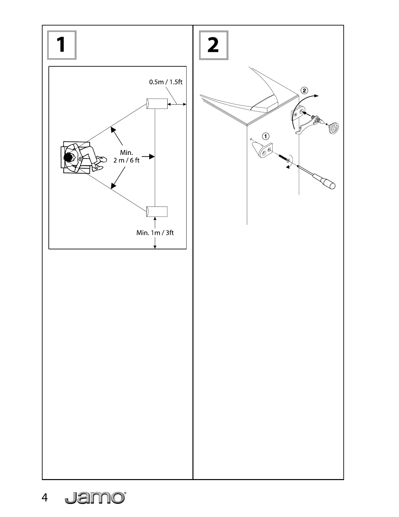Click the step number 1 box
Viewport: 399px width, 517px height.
(62, 45)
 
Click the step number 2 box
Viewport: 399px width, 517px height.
(213, 45)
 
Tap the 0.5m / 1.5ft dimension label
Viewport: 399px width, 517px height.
(166, 82)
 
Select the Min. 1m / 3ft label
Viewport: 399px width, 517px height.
(155, 233)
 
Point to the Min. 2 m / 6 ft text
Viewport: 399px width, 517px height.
(126, 156)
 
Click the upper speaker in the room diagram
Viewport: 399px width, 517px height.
(157, 104)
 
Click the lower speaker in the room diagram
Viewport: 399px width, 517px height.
(157, 211)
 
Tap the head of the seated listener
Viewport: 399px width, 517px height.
(69, 158)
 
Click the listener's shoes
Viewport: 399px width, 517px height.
(100, 163)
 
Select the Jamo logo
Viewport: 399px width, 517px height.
(95, 498)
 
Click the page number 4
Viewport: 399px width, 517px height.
(45, 498)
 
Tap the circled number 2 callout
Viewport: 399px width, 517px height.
(304, 90)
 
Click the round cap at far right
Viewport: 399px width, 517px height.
(334, 127)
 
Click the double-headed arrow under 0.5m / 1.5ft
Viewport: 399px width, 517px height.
(177, 104)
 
